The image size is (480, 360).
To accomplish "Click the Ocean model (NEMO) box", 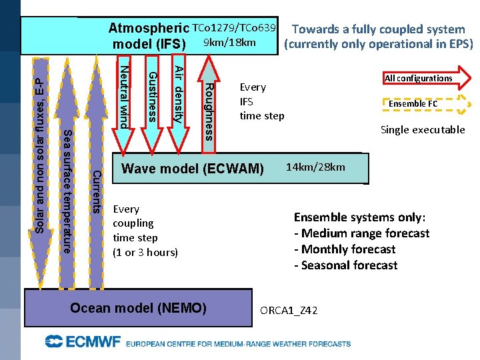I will (x=139, y=309).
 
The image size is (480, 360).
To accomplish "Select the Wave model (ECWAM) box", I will (x=193, y=169).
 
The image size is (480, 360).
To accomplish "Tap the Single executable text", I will (x=423, y=130).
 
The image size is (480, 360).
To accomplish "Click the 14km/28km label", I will (x=315, y=167).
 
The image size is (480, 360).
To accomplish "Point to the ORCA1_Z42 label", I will (x=289, y=311).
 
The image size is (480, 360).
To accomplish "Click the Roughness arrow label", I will (x=209, y=111).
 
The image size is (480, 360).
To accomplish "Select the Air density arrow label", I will (x=179, y=94).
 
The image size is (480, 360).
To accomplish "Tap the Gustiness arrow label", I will (x=152, y=97).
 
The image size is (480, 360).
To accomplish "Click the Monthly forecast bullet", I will (x=345, y=249).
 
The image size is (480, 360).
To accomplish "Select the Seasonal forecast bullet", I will (x=345, y=265).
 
